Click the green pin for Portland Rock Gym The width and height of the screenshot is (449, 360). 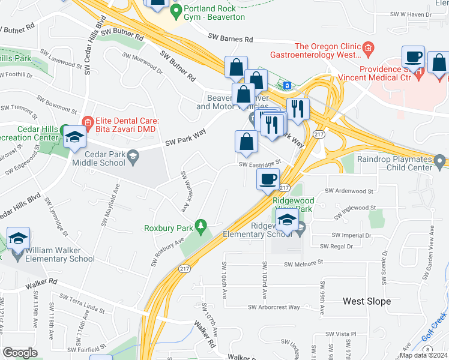(176, 11)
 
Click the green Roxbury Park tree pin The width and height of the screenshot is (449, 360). (203, 227)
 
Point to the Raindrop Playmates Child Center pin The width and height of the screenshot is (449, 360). (440, 161)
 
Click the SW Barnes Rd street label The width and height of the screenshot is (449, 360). (231, 38)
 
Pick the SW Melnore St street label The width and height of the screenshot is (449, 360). (303, 263)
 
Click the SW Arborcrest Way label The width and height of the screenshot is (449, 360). (274, 307)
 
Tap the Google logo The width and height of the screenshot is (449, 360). (20, 353)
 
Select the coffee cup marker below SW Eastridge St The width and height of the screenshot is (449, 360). (268, 179)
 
